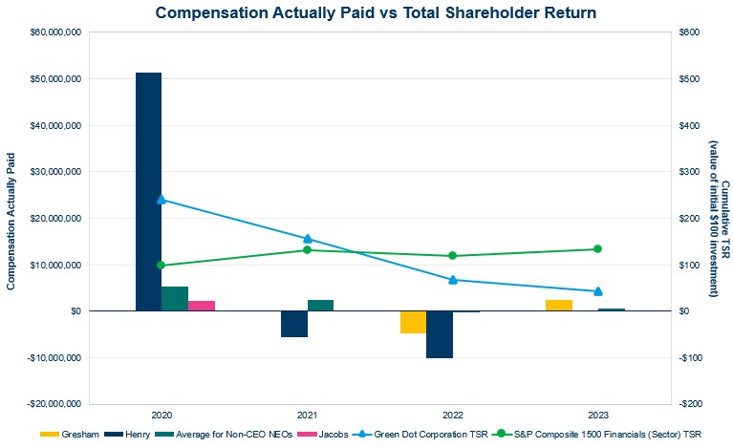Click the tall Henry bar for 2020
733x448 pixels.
pyautogui.click(x=148, y=191)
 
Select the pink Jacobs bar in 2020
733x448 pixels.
pyautogui.click(x=202, y=306)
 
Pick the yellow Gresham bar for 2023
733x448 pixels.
pyautogui.click(x=559, y=305)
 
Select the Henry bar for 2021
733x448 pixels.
pyautogui.click(x=294, y=324)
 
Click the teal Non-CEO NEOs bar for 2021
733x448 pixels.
pyautogui.click(x=321, y=305)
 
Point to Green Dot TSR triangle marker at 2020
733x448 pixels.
pyautogui.click(x=161, y=200)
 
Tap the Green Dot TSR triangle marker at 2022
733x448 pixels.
pyautogui.click(x=453, y=280)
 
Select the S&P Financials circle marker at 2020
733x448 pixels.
pyautogui.click(x=161, y=266)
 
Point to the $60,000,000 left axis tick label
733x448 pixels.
pyautogui.click(x=54, y=32)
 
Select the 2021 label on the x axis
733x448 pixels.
pyautogui.click(x=307, y=416)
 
